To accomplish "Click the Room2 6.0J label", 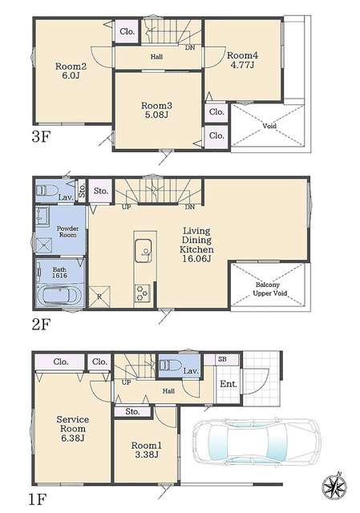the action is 71,71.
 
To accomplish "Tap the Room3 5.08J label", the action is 156,110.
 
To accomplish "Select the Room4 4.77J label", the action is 242,60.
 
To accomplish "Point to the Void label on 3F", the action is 269,126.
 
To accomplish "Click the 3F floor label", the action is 41,137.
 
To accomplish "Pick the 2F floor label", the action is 41,325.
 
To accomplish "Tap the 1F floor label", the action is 38,499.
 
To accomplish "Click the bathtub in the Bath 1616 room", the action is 59,296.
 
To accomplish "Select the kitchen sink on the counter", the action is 144,251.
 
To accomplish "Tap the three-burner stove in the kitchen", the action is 143,293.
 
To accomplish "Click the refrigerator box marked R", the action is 99,297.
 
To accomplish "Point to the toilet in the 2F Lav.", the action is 47,191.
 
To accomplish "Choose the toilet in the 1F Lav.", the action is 170,366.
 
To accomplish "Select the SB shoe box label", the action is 222,359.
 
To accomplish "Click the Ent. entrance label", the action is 229,384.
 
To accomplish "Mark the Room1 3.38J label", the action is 146,450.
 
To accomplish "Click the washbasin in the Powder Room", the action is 42,216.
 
